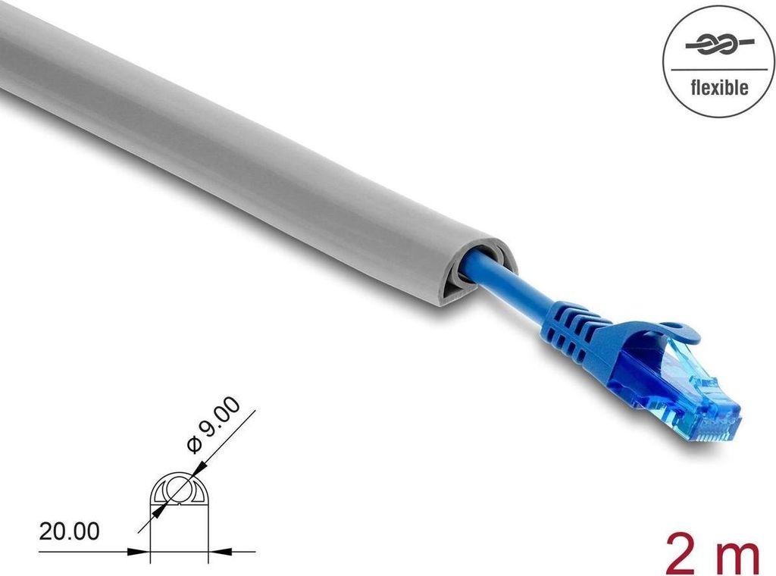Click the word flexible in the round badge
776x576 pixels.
(718, 88)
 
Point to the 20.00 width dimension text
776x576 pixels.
(69, 531)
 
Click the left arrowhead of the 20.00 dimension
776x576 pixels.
(142, 551)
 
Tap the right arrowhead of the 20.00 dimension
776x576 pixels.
(216, 551)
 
